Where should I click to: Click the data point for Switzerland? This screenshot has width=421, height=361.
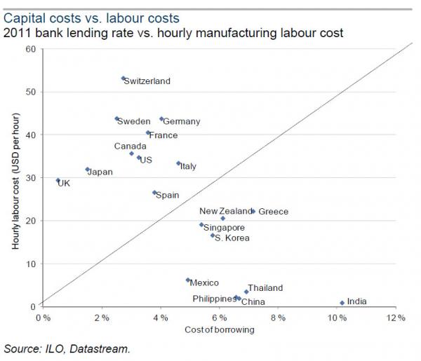point(123,79)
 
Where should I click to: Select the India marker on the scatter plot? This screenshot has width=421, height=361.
point(342,303)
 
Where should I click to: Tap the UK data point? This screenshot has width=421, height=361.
point(58,180)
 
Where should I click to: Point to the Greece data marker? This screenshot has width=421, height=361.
point(253,211)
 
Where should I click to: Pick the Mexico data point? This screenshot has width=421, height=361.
point(187,280)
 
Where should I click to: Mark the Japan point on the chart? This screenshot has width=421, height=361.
point(87,169)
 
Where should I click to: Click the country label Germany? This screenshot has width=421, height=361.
point(181,121)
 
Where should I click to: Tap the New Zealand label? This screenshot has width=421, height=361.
point(225,211)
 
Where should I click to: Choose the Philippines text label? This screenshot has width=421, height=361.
point(213,299)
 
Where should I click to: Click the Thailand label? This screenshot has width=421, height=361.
point(265,288)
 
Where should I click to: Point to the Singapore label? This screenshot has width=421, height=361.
point(224,228)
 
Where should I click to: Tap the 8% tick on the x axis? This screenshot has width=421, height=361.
point(278,318)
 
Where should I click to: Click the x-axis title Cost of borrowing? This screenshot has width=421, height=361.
point(219,329)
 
